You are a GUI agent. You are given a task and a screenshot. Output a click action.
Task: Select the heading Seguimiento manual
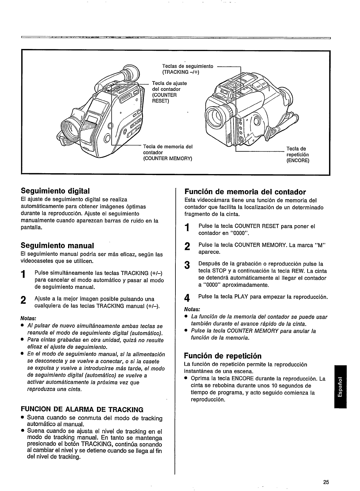click(x=57, y=245)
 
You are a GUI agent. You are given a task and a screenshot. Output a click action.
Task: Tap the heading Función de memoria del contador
click(x=245, y=192)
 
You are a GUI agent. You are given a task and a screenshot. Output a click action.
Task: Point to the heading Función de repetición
click(x=223, y=355)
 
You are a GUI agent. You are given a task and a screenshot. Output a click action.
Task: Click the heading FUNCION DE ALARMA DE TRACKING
click(x=82, y=410)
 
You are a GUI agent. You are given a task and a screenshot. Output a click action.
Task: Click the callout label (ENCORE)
click(x=297, y=161)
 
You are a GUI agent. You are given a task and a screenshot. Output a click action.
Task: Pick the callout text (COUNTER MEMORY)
click(x=167, y=159)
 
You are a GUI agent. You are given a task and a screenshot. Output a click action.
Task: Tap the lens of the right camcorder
click(x=217, y=116)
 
